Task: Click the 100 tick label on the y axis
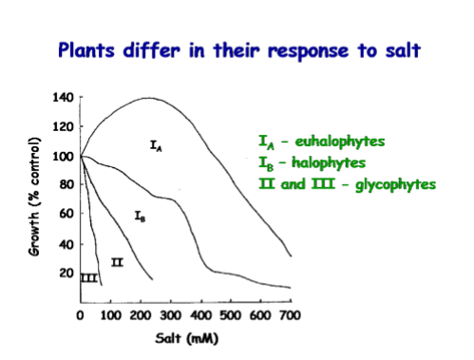coord(62,157)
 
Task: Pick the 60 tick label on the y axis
coord(66,215)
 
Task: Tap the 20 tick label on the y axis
coord(66,274)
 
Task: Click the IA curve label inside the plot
coord(157,145)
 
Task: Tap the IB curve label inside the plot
coord(140,217)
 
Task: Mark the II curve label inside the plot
coord(117,262)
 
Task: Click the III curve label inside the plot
coord(88,277)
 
